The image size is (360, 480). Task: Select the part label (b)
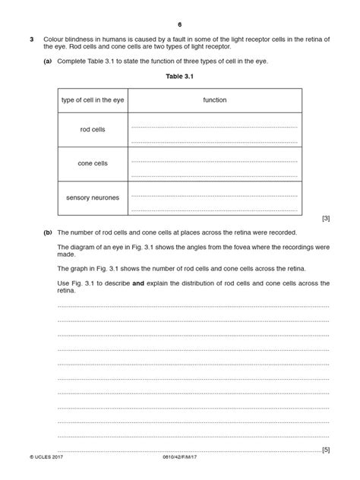pyautogui.click(x=48, y=232)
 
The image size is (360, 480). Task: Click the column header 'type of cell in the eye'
pyautogui.click(x=93, y=99)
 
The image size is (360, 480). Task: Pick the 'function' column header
pyautogui.click(x=215, y=99)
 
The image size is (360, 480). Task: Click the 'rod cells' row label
pyautogui.click(x=93, y=130)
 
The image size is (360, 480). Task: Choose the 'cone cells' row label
pyautogui.click(x=93, y=163)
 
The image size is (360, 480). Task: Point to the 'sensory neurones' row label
pyautogui.click(x=93, y=197)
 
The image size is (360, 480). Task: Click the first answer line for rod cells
pyautogui.click(x=215, y=125)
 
